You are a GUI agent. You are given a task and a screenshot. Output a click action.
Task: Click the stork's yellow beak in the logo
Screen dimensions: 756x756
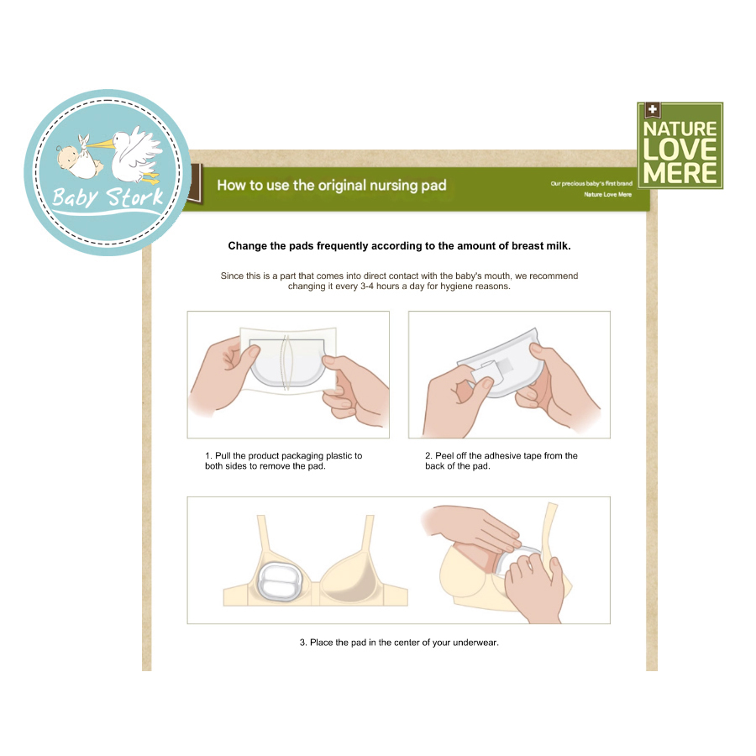[100, 143]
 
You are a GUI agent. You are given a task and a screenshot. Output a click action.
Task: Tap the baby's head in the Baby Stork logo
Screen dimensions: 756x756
[66, 155]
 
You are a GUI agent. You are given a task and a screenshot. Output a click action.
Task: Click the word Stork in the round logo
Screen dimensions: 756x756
[135, 197]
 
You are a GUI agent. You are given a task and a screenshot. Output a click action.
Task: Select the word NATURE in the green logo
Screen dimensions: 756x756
[680, 129]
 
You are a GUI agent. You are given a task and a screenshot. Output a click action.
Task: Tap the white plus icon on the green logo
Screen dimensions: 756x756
[653, 109]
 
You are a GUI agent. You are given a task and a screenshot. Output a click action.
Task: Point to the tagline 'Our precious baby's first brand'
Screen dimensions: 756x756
[591, 183]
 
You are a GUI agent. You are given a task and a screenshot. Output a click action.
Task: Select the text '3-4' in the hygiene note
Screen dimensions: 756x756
[367, 286]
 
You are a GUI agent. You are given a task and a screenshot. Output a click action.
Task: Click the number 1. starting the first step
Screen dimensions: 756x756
[208, 455]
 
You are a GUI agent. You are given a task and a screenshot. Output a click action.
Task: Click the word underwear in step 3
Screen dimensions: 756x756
[475, 643]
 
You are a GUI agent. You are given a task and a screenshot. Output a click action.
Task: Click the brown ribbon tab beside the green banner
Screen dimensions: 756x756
[196, 183]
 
